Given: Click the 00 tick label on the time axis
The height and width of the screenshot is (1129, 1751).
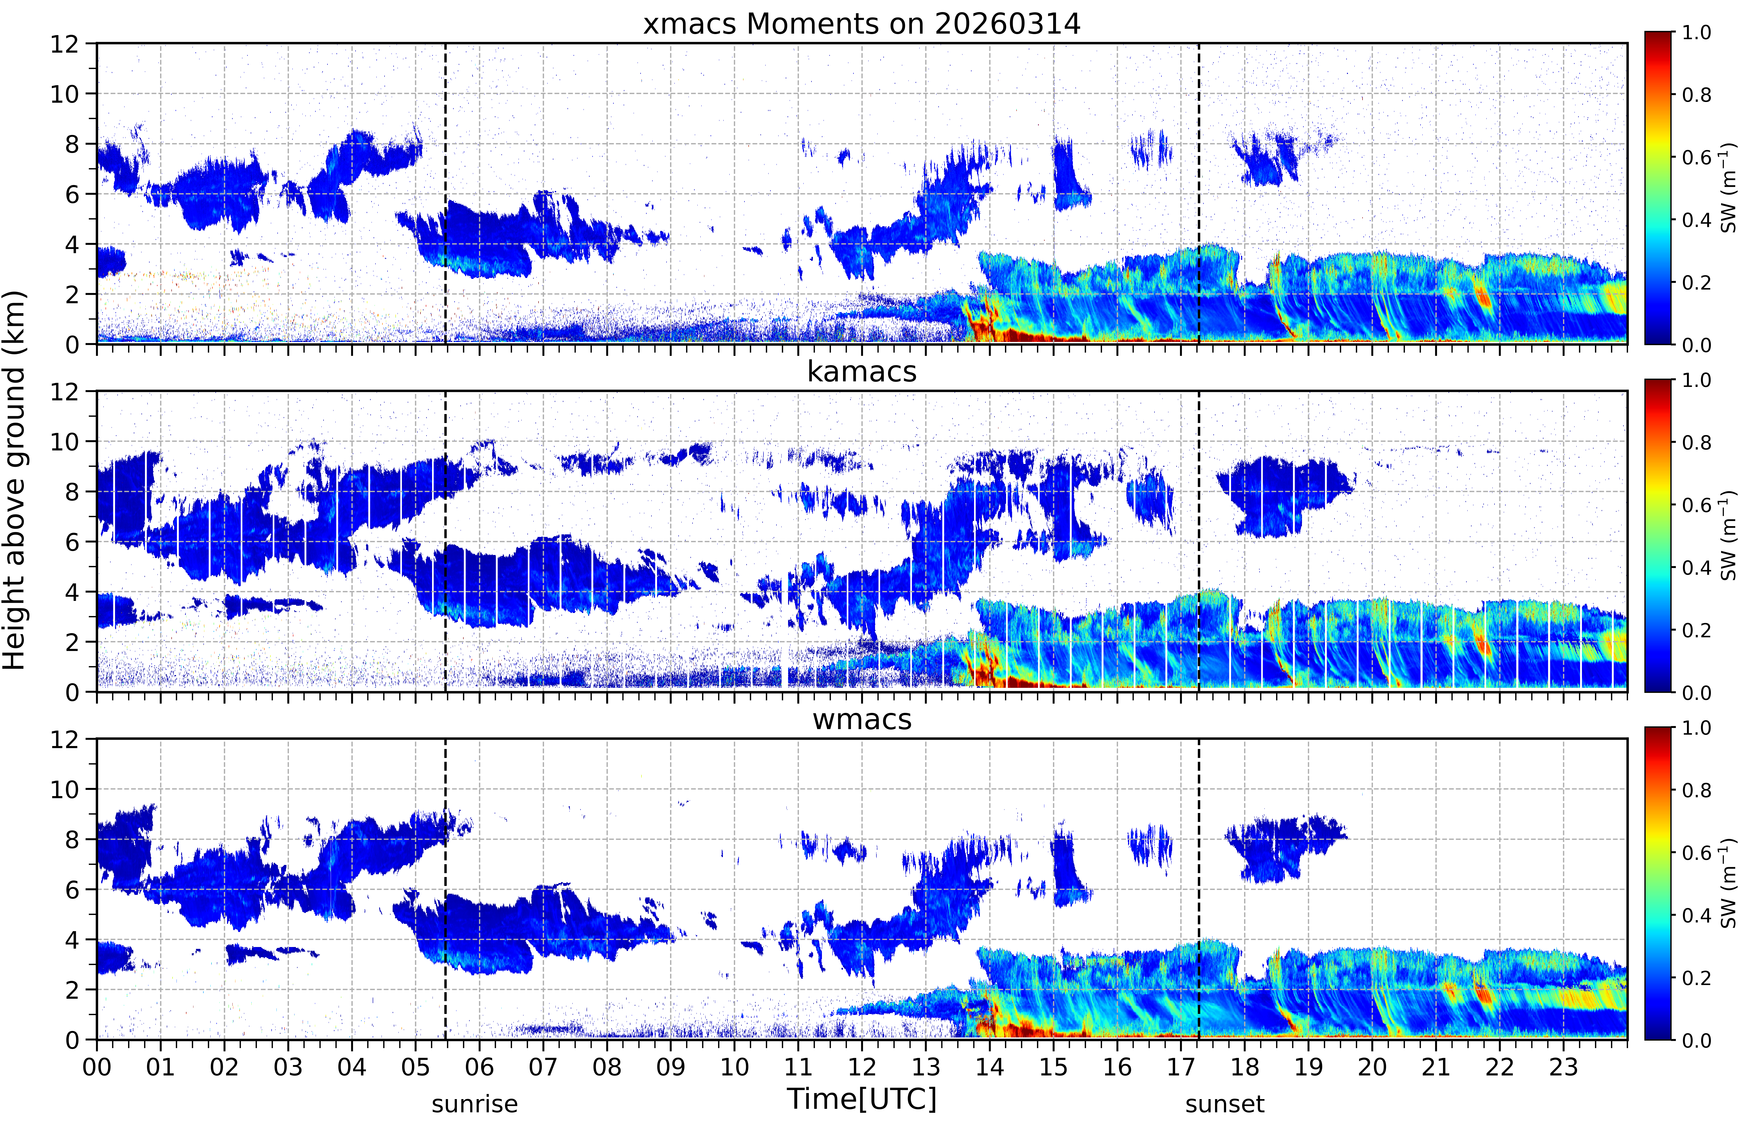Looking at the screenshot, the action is [97, 1067].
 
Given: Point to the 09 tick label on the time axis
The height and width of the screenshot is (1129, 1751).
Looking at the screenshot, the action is [671, 1067].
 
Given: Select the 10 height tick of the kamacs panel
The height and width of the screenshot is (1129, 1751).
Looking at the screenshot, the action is [64, 442].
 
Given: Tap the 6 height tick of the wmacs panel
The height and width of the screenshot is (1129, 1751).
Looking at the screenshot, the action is [72, 890].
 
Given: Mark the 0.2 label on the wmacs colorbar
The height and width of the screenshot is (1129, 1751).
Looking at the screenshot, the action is [1696, 978].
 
